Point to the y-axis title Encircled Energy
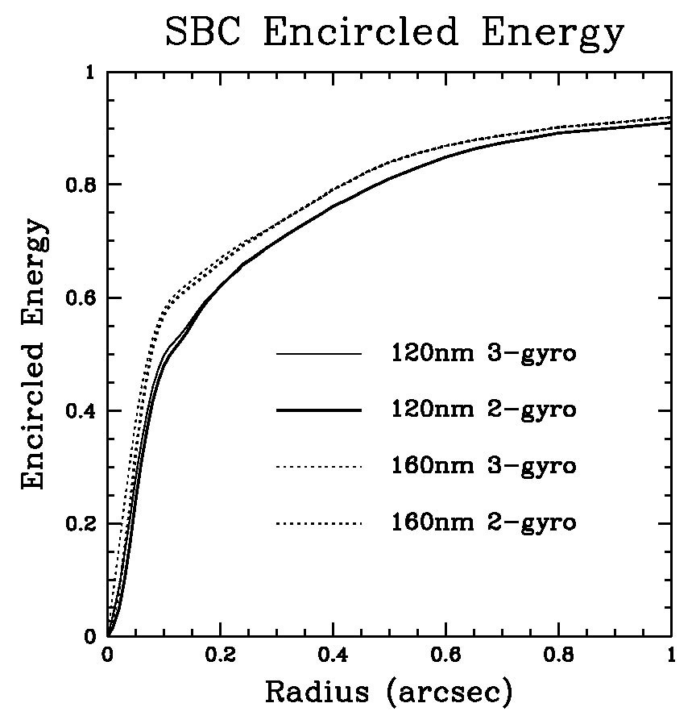[x=34, y=354]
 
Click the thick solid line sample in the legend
[x=319, y=410]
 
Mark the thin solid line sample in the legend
[x=319, y=354]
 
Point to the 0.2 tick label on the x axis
[x=221, y=655]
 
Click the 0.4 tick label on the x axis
[x=333, y=655]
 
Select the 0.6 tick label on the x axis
[x=445, y=655]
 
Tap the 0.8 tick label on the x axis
[x=558, y=655]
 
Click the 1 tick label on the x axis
[x=671, y=655]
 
